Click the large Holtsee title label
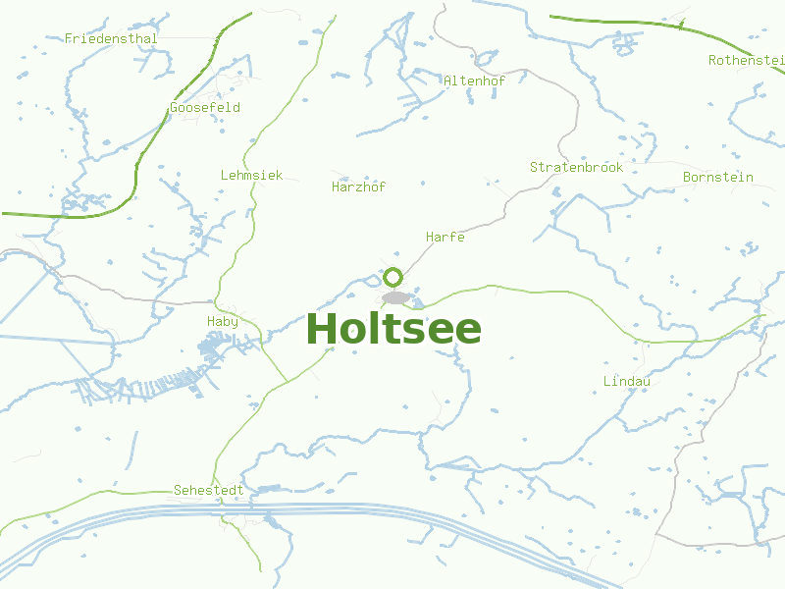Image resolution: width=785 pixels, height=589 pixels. tap(393, 329)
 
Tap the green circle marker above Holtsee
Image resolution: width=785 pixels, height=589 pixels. tap(393, 277)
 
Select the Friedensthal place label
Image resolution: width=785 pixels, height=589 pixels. tap(111, 38)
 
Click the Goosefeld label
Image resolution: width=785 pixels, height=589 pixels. tap(204, 107)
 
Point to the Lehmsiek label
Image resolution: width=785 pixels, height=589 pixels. tap(251, 175)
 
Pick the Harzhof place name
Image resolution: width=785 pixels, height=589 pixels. tap(358, 187)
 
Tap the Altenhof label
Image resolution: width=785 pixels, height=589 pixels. tap(474, 80)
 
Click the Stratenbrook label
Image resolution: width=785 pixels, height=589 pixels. tap(576, 167)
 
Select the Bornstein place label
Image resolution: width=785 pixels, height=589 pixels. tap(717, 177)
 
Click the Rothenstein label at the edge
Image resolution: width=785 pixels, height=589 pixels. tap(746, 60)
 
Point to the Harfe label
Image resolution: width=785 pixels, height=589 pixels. tap(445, 237)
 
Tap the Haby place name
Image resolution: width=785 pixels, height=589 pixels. tap(222, 321)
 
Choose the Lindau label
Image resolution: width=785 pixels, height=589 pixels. tap(626, 380)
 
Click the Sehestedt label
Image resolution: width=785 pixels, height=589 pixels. tap(208, 489)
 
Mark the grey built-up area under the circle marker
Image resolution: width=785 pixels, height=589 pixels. tap(395, 297)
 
